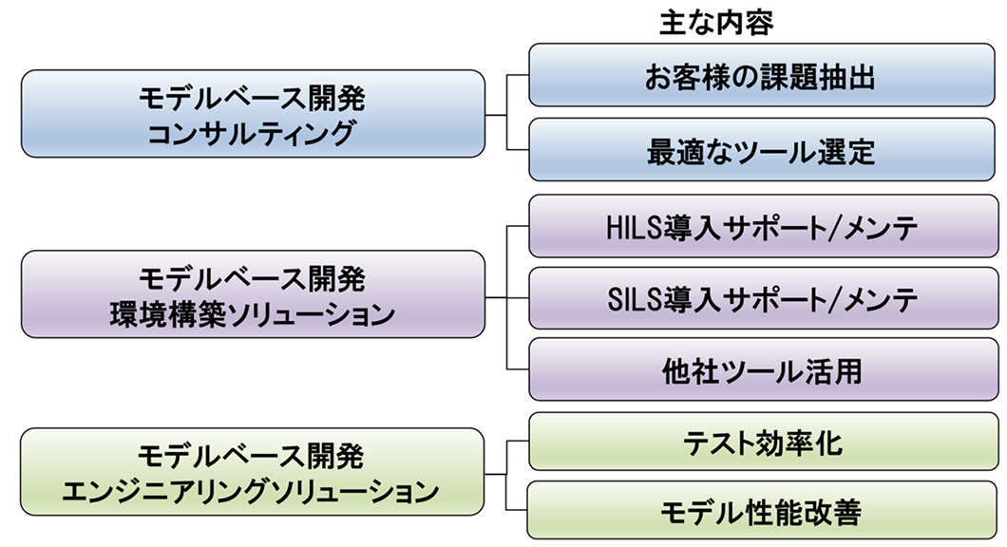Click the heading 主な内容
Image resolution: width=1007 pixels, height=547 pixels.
716,21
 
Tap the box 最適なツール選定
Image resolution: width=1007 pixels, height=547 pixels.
761,150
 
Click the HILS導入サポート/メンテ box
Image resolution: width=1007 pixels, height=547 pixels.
761,227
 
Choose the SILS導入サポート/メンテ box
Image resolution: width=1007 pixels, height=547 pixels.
761,299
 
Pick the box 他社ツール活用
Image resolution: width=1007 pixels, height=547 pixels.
761,370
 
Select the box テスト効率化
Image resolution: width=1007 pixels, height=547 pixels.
761,443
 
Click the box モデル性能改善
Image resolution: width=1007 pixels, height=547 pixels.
761,514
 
